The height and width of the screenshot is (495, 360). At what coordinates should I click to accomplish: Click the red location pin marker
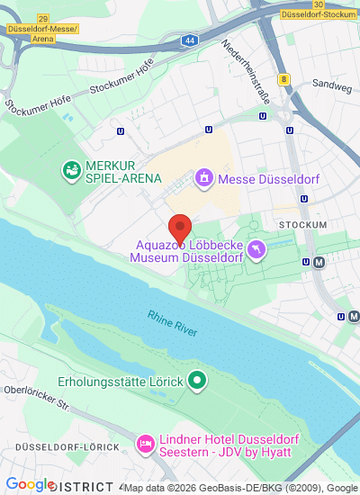(x=180, y=227)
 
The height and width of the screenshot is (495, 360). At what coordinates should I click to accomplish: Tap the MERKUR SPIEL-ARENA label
(x=122, y=172)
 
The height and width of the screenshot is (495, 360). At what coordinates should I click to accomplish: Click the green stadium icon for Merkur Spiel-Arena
(x=70, y=169)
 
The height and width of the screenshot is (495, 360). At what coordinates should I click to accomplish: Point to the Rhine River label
(x=173, y=323)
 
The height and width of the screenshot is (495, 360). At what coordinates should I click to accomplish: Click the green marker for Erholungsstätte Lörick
(x=198, y=382)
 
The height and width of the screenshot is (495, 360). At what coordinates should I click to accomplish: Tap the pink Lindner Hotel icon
(x=145, y=443)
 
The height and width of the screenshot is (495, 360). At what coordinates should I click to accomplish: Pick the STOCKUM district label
(x=302, y=223)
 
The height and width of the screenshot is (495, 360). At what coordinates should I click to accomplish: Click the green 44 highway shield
(x=188, y=41)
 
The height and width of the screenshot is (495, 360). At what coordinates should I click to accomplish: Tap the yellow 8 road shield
(x=284, y=79)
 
